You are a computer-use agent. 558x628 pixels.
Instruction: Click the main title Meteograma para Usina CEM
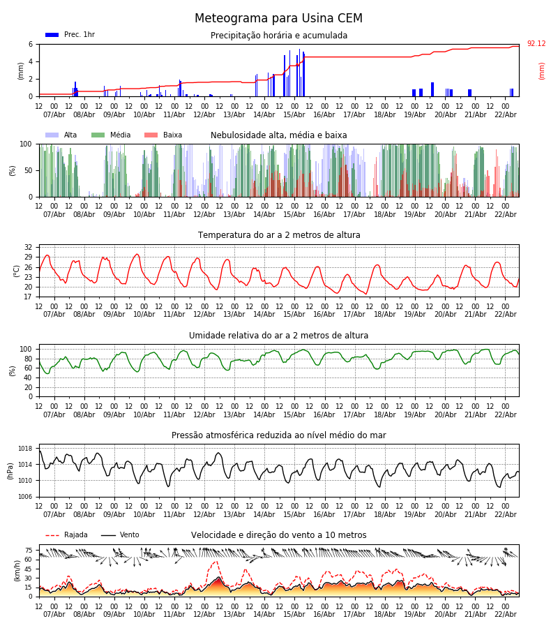coord(278,19)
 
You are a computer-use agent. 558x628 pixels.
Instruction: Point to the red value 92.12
coord(536,44)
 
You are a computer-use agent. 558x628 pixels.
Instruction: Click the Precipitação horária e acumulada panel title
coord(279,36)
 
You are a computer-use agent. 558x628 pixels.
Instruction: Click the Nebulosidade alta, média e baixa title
coord(279,135)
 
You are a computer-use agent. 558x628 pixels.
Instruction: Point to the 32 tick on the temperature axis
coord(29,247)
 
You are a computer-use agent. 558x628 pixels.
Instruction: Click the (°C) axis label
coord(17,271)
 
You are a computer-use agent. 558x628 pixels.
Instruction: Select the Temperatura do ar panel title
coord(279,235)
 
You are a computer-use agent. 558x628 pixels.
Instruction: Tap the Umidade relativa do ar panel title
coord(279,336)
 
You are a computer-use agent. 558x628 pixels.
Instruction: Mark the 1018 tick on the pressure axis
coord(26,449)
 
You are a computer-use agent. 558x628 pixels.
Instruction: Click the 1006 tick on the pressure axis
coord(26,497)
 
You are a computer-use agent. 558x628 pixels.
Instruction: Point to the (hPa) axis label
coord(10,470)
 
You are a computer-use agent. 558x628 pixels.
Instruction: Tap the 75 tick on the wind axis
coord(29,550)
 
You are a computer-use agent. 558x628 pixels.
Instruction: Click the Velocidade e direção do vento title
coord(279,535)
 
